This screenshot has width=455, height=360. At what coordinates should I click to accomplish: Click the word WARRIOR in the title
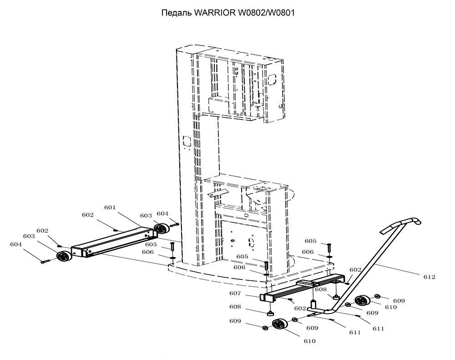[x=215, y=13]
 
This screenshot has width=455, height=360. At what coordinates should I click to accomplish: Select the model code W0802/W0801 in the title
[x=266, y=13]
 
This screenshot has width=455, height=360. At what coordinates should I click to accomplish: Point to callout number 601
[x=110, y=207]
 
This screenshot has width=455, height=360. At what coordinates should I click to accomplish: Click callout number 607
[x=235, y=293]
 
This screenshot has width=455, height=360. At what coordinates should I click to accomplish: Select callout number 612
[x=430, y=277]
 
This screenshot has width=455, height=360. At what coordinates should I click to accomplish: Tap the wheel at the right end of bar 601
[x=162, y=228]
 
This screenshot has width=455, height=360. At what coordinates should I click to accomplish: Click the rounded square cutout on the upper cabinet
[x=273, y=80]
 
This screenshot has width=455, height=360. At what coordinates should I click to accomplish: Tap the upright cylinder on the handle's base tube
[x=313, y=305]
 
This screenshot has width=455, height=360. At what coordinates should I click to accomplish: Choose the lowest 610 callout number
[x=309, y=341]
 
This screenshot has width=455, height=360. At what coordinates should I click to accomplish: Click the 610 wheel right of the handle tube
[x=363, y=301]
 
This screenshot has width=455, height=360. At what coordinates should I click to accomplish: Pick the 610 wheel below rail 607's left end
[x=280, y=324]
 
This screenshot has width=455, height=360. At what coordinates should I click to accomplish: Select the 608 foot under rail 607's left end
[x=271, y=313]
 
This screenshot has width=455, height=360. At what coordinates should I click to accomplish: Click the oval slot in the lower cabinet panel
[x=252, y=243]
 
